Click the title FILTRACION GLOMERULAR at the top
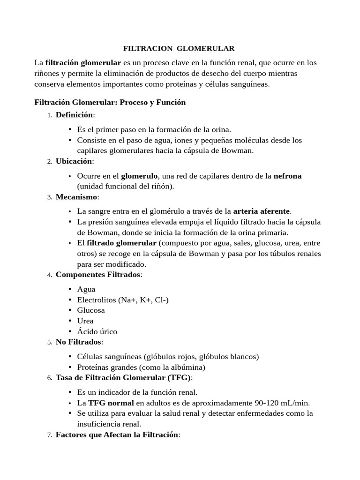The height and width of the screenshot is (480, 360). click(x=179, y=49)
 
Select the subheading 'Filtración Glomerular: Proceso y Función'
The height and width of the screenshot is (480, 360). click(x=110, y=102)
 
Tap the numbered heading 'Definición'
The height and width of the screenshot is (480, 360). click(x=74, y=115)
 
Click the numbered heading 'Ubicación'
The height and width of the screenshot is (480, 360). click(x=74, y=161)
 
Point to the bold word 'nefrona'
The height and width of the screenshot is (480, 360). click(x=287, y=176)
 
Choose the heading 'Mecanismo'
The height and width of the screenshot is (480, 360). click(x=77, y=197)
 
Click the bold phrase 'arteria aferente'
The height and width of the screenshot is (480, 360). click(x=262, y=211)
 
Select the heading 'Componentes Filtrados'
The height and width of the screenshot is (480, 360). click(x=98, y=275)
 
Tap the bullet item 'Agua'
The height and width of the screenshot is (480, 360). click(x=86, y=289)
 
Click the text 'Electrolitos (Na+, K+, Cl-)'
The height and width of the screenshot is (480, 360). click(x=123, y=300)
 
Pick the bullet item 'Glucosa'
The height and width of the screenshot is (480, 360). click(x=91, y=310)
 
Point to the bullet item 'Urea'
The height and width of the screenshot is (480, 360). click(x=85, y=321)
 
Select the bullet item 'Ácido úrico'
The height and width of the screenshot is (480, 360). click(x=97, y=332)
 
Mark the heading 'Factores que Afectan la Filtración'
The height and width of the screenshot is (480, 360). click(x=117, y=435)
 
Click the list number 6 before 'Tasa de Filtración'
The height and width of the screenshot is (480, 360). click(x=49, y=378)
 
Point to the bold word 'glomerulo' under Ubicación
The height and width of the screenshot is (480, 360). click(x=140, y=176)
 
